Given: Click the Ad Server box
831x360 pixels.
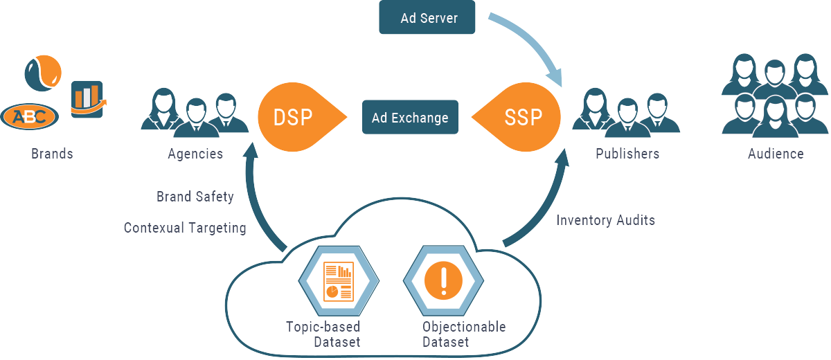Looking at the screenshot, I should click(x=428, y=17).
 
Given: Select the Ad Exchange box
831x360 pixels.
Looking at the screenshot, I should click(x=410, y=117).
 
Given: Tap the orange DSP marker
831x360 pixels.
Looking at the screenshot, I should click(x=294, y=117).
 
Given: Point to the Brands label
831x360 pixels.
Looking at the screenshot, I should click(x=52, y=154).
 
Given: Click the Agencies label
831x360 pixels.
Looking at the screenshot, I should click(x=195, y=154).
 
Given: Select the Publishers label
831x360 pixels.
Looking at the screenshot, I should click(x=627, y=154).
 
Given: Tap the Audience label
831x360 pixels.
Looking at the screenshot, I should click(x=776, y=154).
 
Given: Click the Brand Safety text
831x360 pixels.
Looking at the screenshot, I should click(x=195, y=197).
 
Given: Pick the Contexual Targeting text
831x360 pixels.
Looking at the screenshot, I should click(x=185, y=227).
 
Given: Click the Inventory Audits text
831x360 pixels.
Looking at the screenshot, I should click(x=606, y=220).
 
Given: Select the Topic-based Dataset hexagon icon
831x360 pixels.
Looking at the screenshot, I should click(x=339, y=280).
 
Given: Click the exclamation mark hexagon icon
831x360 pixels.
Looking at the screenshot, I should click(x=443, y=280).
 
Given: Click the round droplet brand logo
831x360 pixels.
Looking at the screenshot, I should click(x=43, y=71).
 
